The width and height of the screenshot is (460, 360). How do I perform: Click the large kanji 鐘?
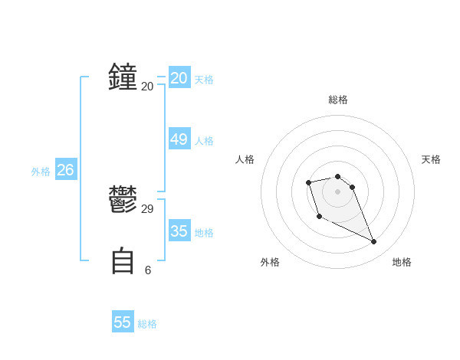[x=123, y=78]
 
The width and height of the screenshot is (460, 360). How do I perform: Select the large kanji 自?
[x=123, y=261]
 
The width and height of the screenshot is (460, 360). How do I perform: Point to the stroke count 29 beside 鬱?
[x=148, y=209]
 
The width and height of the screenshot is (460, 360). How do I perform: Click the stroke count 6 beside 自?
[x=148, y=270]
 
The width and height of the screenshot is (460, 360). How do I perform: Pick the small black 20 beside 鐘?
[x=148, y=87]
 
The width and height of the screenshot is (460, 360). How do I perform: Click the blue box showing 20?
[x=179, y=78]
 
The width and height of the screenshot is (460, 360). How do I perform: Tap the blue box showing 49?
[x=179, y=139]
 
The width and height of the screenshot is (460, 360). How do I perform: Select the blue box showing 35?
[x=179, y=231]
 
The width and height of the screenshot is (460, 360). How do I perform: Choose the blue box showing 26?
[x=65, y=170]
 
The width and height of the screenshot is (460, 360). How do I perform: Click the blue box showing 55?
[x=123, y=322]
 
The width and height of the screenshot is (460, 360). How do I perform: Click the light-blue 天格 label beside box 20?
[x=204, y=80]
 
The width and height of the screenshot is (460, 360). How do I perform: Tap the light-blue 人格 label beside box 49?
[x=204, y=141]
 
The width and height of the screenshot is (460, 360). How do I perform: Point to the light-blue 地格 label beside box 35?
[x=204, y=233]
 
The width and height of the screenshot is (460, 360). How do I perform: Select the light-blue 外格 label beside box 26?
[x=41, y=172]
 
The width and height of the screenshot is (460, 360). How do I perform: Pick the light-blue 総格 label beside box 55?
[x=147, y=324]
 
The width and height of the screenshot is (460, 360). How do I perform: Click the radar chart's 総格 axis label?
[x=338, y=100]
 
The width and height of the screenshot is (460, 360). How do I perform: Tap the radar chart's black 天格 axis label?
[x=432, y=159]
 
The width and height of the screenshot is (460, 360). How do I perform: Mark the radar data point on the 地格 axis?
[x=374, y=242]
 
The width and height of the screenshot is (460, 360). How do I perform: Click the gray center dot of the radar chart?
[x=338, y=191]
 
